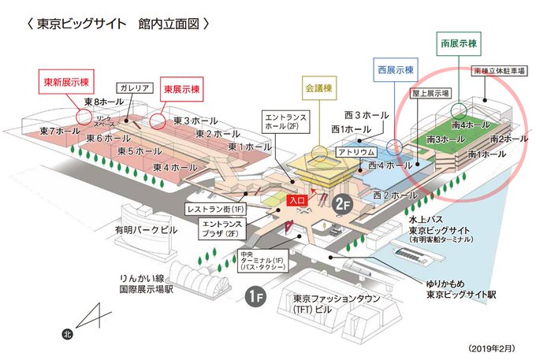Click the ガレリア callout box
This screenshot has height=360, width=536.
(136, 87)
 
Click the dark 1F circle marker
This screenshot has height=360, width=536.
(255, 298)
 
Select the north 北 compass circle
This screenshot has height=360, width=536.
(69, 333)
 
